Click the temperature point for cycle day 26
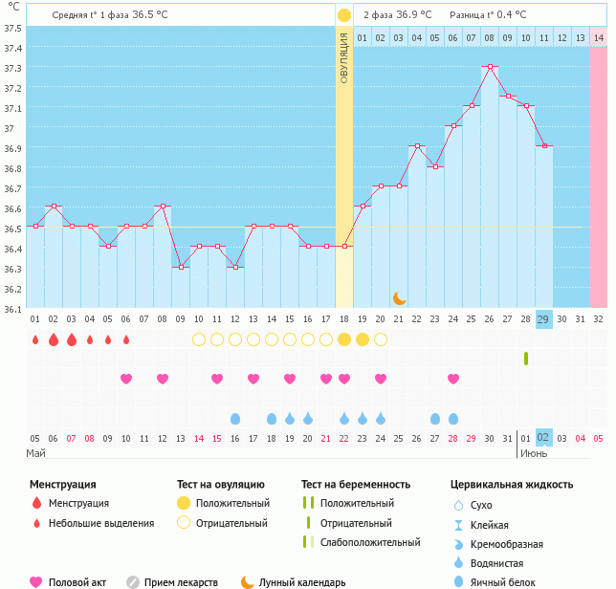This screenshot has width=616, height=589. [490, 67]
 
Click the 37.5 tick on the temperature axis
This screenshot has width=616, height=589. [12, 28]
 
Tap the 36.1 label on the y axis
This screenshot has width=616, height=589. [12, 309]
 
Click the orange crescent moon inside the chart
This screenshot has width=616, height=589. [399, 298]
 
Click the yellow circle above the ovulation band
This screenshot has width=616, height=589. [344, 15]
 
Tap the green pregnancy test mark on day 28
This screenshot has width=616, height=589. [526, 359]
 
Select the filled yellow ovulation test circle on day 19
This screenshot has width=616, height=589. [363, 339]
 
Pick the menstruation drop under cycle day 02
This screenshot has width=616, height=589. [54, 339]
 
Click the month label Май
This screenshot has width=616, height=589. [35, 452]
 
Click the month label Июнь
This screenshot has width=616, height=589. [532, 452]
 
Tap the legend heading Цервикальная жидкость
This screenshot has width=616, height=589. [511, 485]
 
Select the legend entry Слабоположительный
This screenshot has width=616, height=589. [370, 542]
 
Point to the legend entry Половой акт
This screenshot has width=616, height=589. [77, 582]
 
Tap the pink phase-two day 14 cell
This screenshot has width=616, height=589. [599, 37]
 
